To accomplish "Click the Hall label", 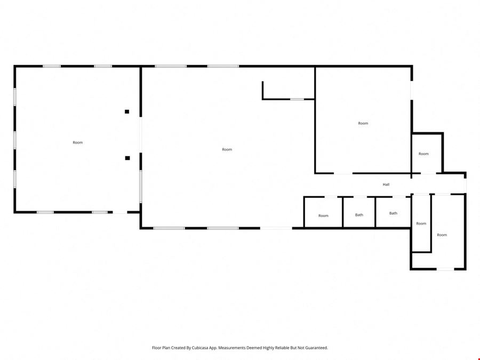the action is click(x=386, y=185).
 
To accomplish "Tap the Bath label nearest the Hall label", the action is click(x=394, y=213).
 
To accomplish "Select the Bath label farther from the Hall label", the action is click(x=359, y=215).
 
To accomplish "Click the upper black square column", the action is click(x=127, y=112).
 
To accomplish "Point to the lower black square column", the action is click(x=127, y=158).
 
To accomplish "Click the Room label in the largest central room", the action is click(x=227, y=149).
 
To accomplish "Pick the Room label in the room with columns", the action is click(x=78, y=142).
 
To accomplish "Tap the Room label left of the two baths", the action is click(x=323, y=216).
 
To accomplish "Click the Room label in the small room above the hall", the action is click(x=423, y=154).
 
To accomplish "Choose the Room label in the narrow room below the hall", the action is click(x=421, y=223).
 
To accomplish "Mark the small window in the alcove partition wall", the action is click(x=297, y=99).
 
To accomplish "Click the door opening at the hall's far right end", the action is click(x=465, y=186).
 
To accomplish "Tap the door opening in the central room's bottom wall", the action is click(x=276, y=228).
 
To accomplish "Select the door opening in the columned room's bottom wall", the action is click(x=120, y=212).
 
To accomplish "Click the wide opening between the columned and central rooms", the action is click(x=140, y=135).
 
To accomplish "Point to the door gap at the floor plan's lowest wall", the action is click(x=445, y=269).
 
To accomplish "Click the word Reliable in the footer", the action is click(x=284, y=348).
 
